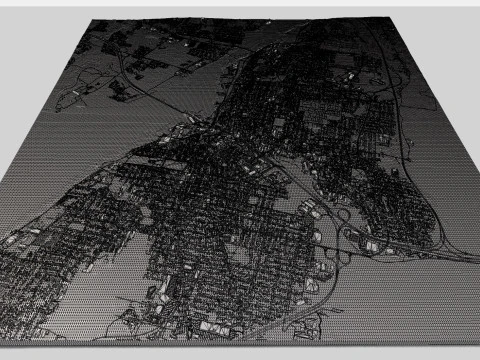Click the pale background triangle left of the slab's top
(30, 60)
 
